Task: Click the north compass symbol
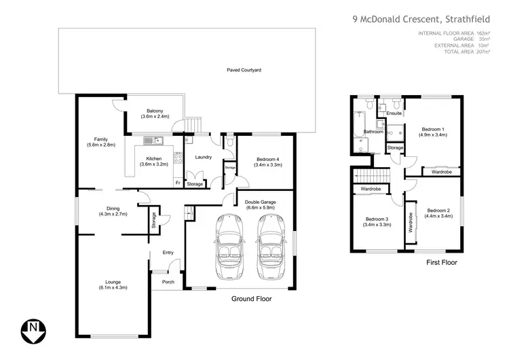point(33,332)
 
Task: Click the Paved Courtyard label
point(244,70)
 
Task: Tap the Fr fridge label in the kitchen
point(177,183)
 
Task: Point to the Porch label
point(168,282)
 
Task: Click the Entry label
point(168,253)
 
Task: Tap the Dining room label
point(112,209)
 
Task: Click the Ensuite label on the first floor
point(394,113)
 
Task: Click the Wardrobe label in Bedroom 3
point(370,188)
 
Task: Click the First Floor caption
point(441,262)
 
